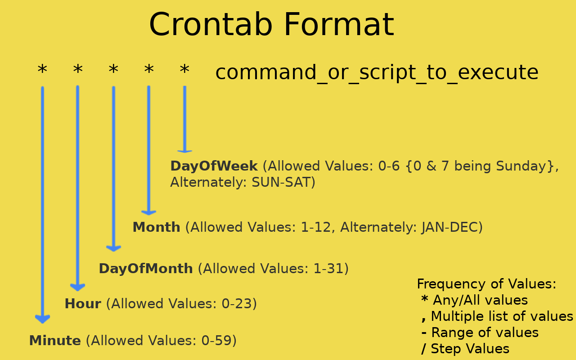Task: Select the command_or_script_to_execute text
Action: point(377,72)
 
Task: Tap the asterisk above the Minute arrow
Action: point(42,70)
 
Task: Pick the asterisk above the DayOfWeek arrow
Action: point(184,70)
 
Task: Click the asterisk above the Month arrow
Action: point(149,70)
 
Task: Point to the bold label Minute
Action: point(55,341)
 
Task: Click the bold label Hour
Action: point(83,304)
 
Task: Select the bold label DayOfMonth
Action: point(146,269)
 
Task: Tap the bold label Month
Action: point(156,227)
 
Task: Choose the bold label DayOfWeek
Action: point(214,166)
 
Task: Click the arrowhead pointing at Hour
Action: point(77,287)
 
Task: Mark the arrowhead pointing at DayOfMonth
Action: point(113,248)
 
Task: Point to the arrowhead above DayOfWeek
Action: point(184,151)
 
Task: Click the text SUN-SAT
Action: point(281,182)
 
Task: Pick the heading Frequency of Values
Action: point(486,284)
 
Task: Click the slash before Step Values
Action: point(423,349)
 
